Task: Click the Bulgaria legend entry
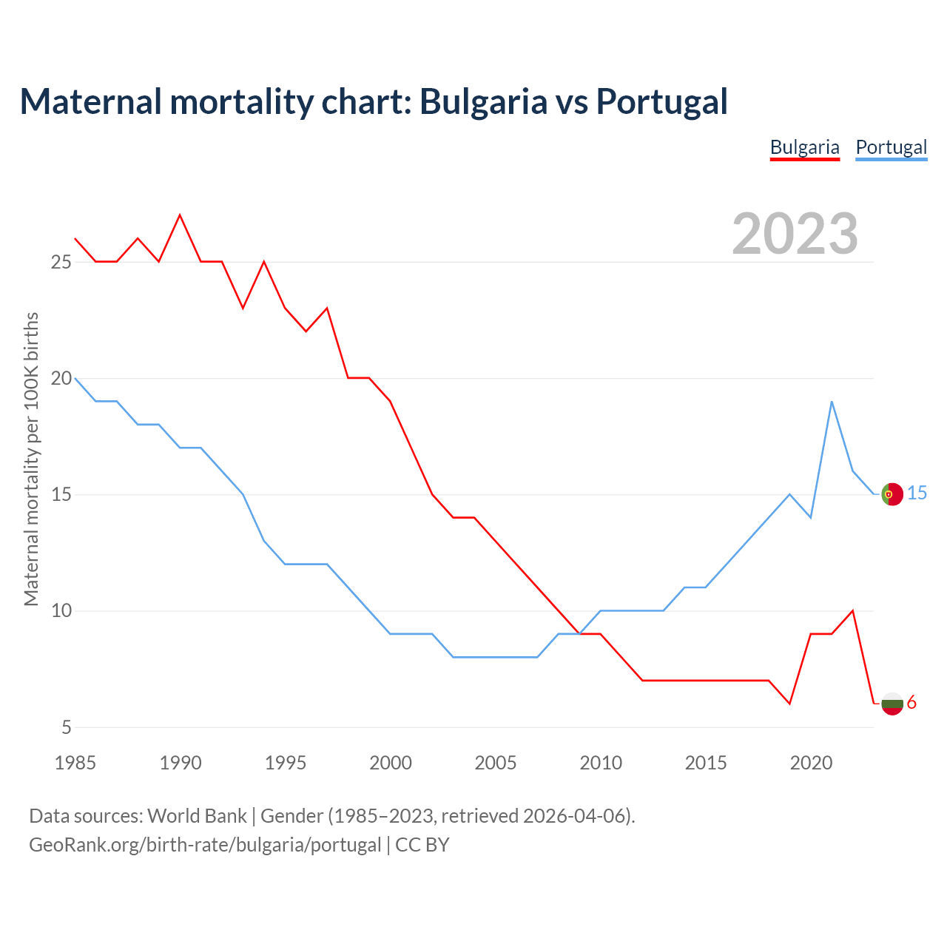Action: tap(804, 147)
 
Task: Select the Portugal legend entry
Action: tap(891, 147)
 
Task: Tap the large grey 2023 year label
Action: tap(795, 234)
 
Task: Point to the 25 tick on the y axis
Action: tap(61, 262)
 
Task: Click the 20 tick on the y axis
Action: tap(61, 378)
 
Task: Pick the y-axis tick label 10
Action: tap(61, 611)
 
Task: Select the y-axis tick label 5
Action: tap(67, 727)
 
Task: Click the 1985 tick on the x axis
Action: tap(75, 763)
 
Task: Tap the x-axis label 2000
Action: tap(391, 763)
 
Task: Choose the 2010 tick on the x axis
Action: tap(601, 763)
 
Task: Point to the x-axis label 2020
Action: tap(811, 763)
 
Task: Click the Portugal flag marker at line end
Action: tap(892, 493)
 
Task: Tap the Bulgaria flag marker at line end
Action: tap(892, 703)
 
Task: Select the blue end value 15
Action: tap(917, 493)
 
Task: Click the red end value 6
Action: tap(911, 702)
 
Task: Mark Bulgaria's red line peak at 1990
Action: tap(180, 215)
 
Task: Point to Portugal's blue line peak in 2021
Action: tap(832, 402)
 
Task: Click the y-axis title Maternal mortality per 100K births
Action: tap(31, 459)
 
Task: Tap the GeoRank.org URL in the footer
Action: tap(205, 845)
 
